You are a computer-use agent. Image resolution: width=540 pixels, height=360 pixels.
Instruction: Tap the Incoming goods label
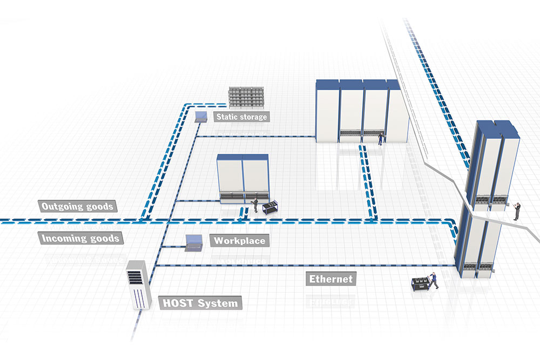[x=80, y=238]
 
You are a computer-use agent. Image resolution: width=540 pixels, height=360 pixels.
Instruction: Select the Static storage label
[x=241, y=117]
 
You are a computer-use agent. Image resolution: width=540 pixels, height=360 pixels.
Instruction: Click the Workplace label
[x=240, y=240]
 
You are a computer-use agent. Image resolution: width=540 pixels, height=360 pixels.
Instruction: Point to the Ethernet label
[x=330, y=279]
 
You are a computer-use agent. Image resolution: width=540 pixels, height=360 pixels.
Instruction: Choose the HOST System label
[x=200, y=303]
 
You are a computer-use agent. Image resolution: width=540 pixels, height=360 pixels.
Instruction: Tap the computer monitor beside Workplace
[x=193, y=241]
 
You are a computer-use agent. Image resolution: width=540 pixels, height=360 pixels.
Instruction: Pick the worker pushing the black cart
[x=433, y=281]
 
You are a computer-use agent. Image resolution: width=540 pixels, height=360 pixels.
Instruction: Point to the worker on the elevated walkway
[x=516, y=210]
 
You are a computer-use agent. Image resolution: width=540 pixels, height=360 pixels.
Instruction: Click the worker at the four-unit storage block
[x=381, y=138]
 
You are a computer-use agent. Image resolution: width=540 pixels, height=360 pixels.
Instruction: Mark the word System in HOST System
[x=218, y=303]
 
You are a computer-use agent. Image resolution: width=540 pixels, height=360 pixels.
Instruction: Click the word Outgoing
[x=63, y=206]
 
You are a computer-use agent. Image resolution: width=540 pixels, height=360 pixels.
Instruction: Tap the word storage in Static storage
[x=252, y=117]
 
